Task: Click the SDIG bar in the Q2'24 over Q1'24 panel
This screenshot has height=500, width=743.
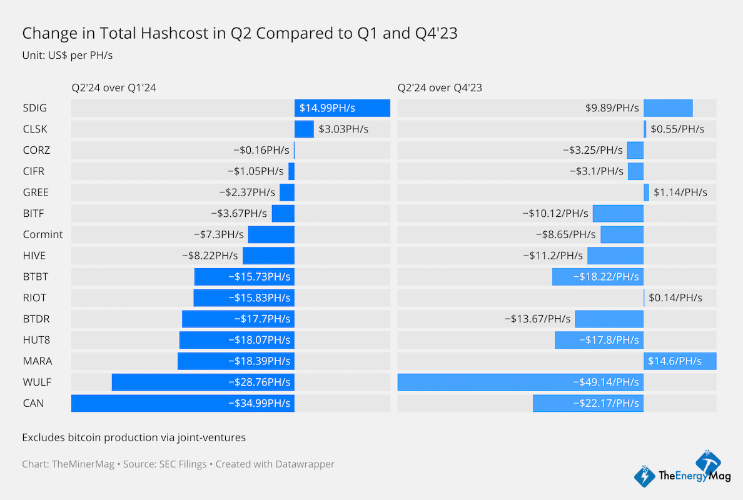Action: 342,108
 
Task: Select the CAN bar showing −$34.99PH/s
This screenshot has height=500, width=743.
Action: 183,403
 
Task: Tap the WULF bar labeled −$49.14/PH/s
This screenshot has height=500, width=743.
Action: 520,382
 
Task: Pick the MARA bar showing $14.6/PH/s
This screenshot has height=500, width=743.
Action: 680,361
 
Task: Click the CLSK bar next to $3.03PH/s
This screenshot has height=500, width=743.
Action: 304,129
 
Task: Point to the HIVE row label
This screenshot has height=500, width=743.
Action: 34,256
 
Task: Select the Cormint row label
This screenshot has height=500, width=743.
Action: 43,234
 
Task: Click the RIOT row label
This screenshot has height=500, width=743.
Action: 34,297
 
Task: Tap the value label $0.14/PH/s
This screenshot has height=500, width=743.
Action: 675,297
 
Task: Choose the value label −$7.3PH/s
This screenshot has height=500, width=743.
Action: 218,234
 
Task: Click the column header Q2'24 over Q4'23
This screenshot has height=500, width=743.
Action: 440,88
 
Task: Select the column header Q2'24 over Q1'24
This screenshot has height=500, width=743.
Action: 114,88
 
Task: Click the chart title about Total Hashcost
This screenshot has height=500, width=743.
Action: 240,33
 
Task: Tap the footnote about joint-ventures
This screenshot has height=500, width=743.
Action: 134,437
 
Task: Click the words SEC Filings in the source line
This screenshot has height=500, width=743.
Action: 181,464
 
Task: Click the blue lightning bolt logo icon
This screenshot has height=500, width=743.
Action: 645,476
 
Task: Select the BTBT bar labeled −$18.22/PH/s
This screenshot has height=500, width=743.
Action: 597,277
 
